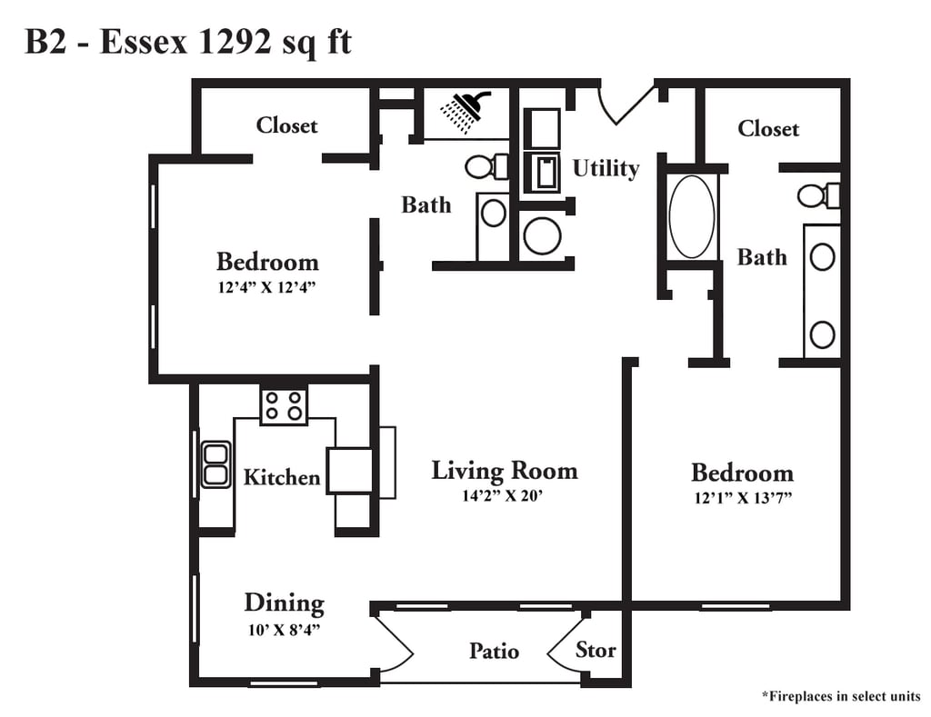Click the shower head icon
coord(465,110)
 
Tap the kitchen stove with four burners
coord(284,405)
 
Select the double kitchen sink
coord(215,464)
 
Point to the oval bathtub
coord(692,216)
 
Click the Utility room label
coord(606,168)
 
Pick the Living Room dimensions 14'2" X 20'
coord(503,495)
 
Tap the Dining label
coord(285,603)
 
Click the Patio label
coord(494,652)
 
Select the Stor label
coord(596,650)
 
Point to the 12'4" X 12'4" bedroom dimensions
coord(266,287)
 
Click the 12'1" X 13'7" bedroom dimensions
coord(743,498)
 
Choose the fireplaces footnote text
coord(841,696)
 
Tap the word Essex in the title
coord(143,42)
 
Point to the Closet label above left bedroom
coord(286,125)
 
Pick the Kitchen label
coord(282,477)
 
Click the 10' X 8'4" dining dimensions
coord(284,630)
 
